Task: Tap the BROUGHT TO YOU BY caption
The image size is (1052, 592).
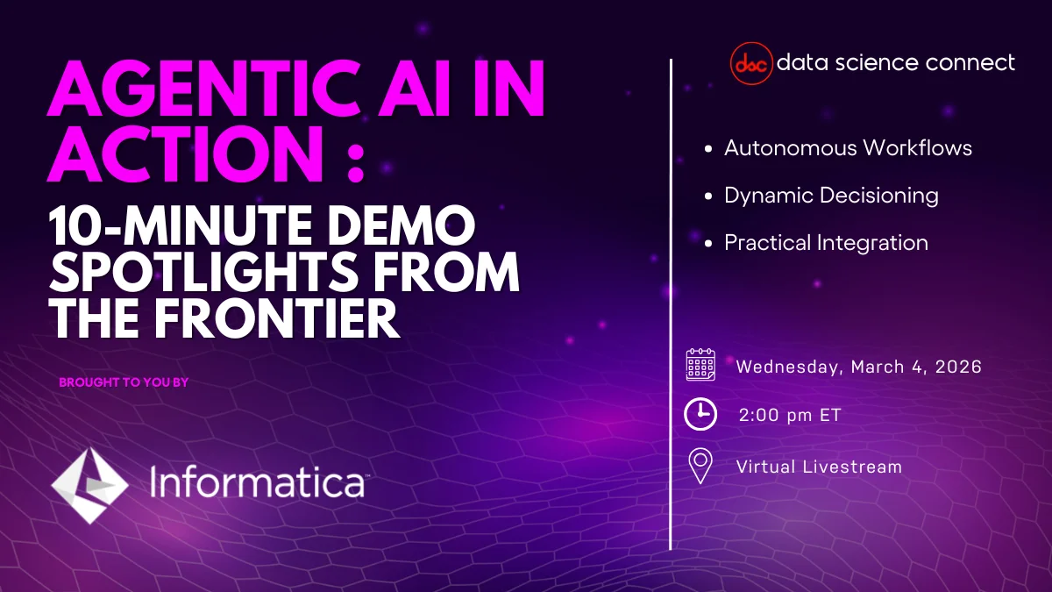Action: point(124,382)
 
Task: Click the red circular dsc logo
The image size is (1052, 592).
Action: point(750,64)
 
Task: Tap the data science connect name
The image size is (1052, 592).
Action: point(896,62)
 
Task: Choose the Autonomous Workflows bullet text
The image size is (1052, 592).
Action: point(848,147)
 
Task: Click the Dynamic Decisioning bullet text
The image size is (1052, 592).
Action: point(831,195)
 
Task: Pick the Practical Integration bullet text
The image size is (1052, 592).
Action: point(826,242)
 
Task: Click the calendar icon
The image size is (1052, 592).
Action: point(700,365)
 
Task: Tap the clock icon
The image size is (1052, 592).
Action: point(700,415)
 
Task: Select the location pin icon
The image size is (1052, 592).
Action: point(700,467)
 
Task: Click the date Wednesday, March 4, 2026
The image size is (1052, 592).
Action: point(858,367)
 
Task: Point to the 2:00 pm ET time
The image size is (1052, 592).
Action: point(789,416)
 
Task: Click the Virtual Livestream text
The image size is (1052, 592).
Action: point(819,467)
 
